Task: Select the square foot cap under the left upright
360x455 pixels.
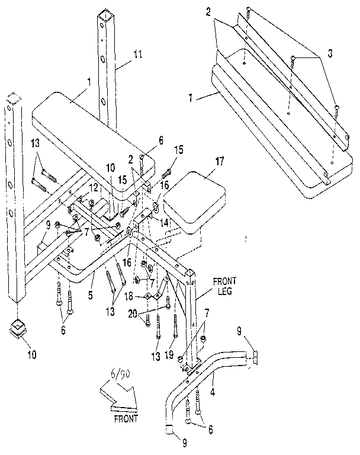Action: point(20,328)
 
